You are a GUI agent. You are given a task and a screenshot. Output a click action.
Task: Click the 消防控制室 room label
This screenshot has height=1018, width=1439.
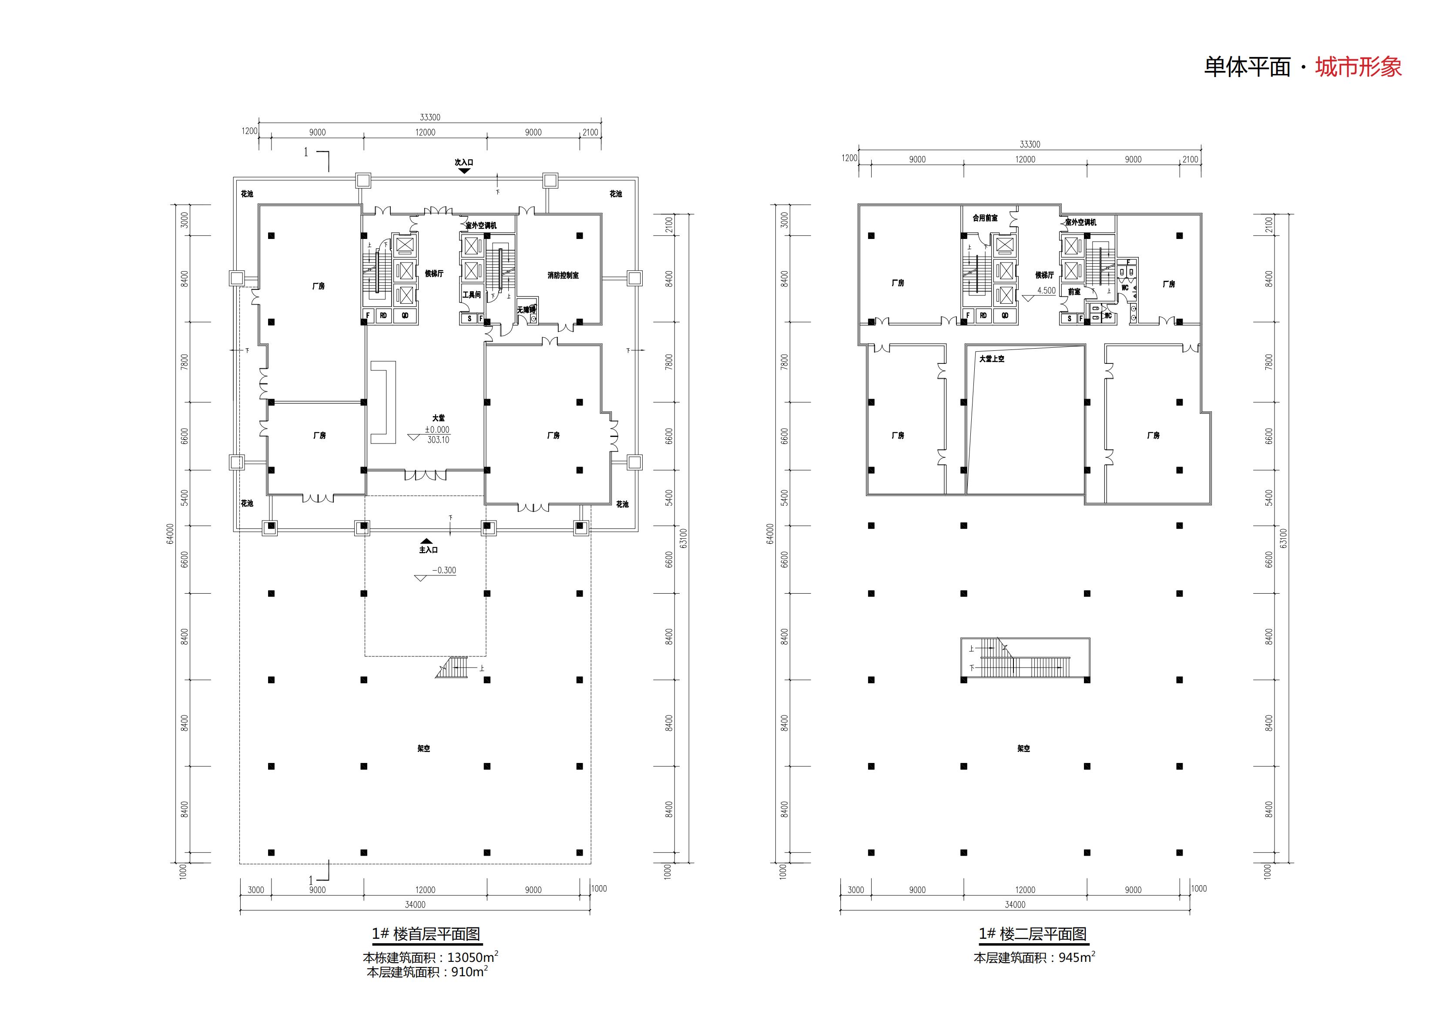pyautogui.click(x=562, y=275)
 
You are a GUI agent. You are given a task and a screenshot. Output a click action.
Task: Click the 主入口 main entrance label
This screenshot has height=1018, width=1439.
pyautogui.click(x=428, y=550)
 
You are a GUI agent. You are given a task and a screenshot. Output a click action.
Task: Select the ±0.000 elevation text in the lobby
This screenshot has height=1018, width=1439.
pyautogui.click(x=437, y=430)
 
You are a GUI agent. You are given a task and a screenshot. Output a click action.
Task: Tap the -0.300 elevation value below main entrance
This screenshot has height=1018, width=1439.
pyautogui.click(x=444, y=571)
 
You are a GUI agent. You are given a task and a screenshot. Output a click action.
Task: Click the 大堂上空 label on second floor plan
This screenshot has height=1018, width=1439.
pyautogui.click(x=992, y=359)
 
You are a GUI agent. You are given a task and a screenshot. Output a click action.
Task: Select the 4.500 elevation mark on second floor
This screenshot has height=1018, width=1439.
pyautogui.click(x=1046, y=290)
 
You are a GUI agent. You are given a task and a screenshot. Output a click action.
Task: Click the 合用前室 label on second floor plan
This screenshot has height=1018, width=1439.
pyautogui.click(x=985, y=218)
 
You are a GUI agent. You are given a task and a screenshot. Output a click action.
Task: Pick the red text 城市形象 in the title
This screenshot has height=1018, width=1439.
pyautogui.click(x=1358, y=67)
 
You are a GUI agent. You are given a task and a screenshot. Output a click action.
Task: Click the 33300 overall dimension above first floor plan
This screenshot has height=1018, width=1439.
pyautogui.click(x=430, y=117)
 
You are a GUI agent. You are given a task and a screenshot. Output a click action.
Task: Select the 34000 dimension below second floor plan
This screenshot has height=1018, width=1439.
pyautogui.click(x=1015, y=904)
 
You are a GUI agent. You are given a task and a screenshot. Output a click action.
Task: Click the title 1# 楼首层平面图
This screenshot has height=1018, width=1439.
pyautogui.click(x=426, y=934)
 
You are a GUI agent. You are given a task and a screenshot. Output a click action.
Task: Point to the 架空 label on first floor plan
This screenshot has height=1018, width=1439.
pyautogui.click(x=424, y=749)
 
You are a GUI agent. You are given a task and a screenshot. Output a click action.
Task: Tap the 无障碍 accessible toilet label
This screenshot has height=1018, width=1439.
pyautogui.click(x=526, y=309)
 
